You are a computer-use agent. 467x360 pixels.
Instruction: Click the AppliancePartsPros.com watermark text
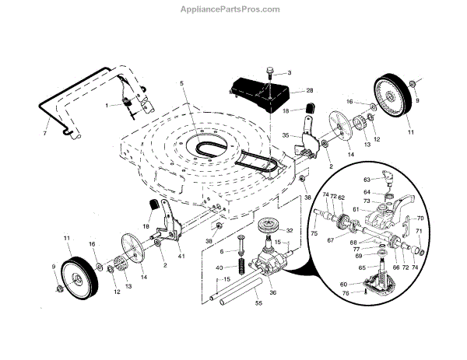click(x=233, y=9)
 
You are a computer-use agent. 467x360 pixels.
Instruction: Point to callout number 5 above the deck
click(x=181, y=83)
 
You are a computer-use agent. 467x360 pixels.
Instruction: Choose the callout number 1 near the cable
click(x=107, y=105)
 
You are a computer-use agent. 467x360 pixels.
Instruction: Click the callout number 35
click(x=286, y=135)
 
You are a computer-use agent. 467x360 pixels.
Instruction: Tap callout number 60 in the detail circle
click(x=365, y=285)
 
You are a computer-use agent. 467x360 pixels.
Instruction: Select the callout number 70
click(x=420, y=218)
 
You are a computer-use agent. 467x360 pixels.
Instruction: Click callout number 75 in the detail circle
click(x=314, y=232)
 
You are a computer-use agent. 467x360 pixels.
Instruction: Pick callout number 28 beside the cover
click(x=310, y=91)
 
